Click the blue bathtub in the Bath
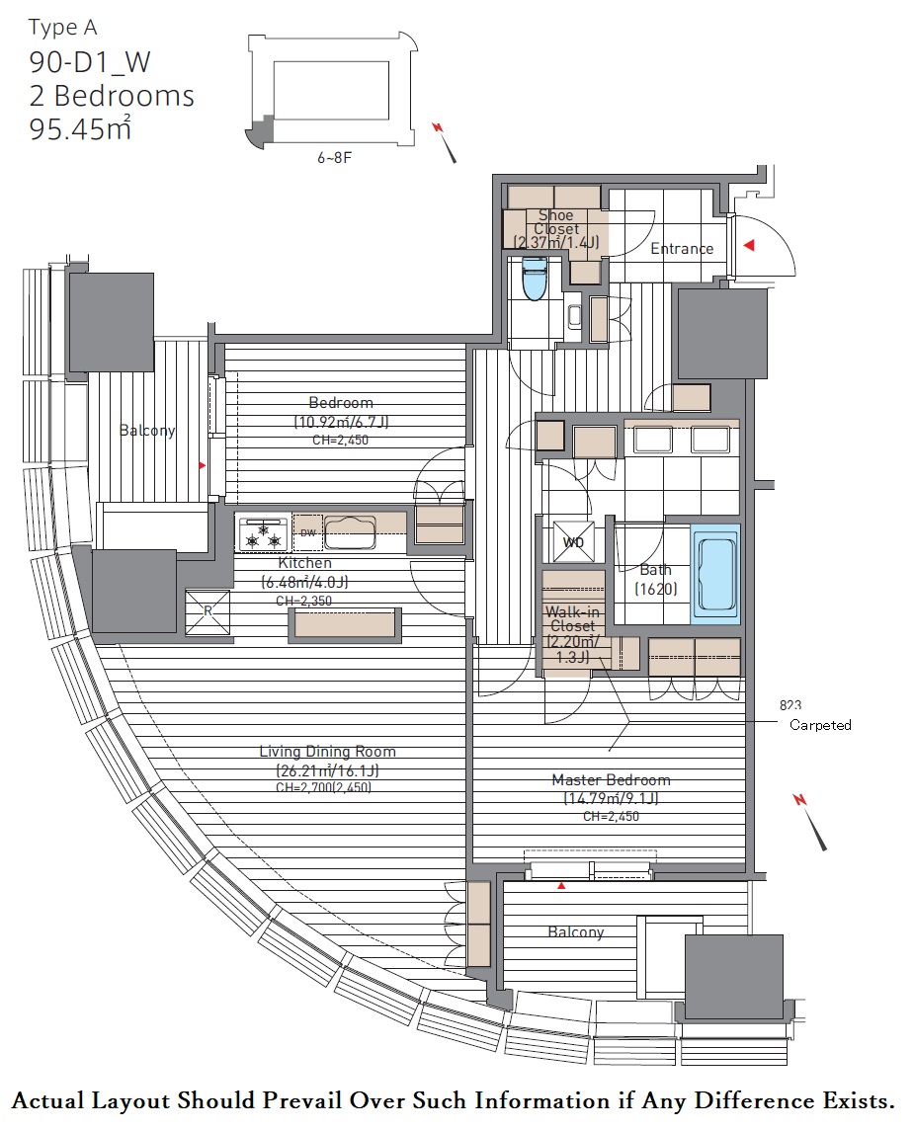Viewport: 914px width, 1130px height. [x=715, y=573]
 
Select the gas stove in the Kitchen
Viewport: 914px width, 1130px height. [x=263, y=534]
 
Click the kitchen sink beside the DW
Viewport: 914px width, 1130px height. [x=350, y=532]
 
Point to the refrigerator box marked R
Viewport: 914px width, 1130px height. [x=208, y=611]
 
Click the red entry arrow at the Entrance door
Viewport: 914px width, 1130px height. [x=749, y=245]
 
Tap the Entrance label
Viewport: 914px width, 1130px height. [x=681, y=249]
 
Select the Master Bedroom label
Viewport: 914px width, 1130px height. [x=611, y=779]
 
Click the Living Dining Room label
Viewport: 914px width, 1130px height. [x=327, y=752]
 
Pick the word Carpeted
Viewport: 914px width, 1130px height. [x=820, y=725]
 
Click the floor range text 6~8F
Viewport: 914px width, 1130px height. [x=334, y=157]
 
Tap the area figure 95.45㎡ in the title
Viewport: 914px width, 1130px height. [x=80, y=128]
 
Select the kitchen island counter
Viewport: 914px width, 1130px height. [x=345, y=625]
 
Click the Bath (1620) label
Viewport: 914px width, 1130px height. [x=655, y=580]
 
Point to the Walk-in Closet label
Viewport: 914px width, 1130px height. [x=572, y=619]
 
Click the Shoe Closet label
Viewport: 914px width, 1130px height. [x=555, y=221]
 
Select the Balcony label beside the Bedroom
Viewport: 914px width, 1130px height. [x=147, y=431]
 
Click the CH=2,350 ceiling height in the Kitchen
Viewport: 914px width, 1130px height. [x=304, y=601]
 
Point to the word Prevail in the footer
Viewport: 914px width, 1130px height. [x=302, y=1101]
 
